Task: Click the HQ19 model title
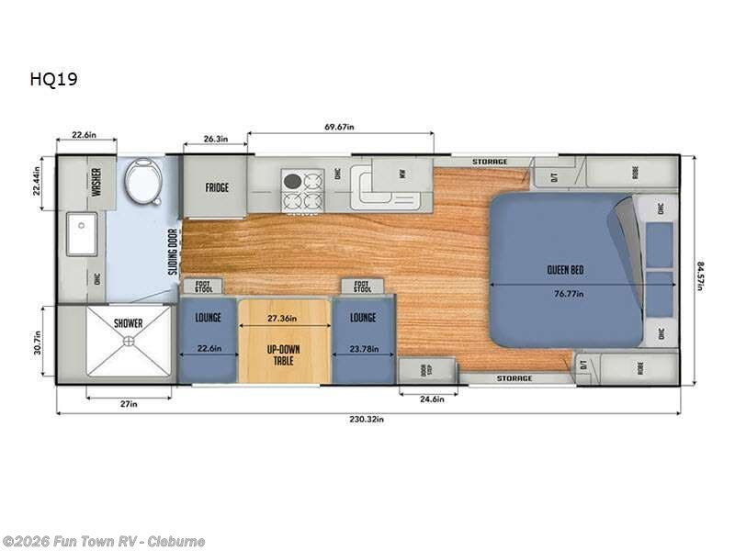[53, 79]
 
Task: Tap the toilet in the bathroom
[142, 181]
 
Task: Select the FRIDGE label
[217, 187]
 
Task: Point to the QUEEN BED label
[565, 270]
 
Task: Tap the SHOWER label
[129, 323]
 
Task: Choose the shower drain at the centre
[129, 341]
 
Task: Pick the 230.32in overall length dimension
[366, 419]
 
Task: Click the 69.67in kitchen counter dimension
[339, 125]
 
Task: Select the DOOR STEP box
[427, 370]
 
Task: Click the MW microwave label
[401, 172]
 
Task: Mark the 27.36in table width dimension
[283, 318]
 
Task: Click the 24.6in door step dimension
[427, 399]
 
